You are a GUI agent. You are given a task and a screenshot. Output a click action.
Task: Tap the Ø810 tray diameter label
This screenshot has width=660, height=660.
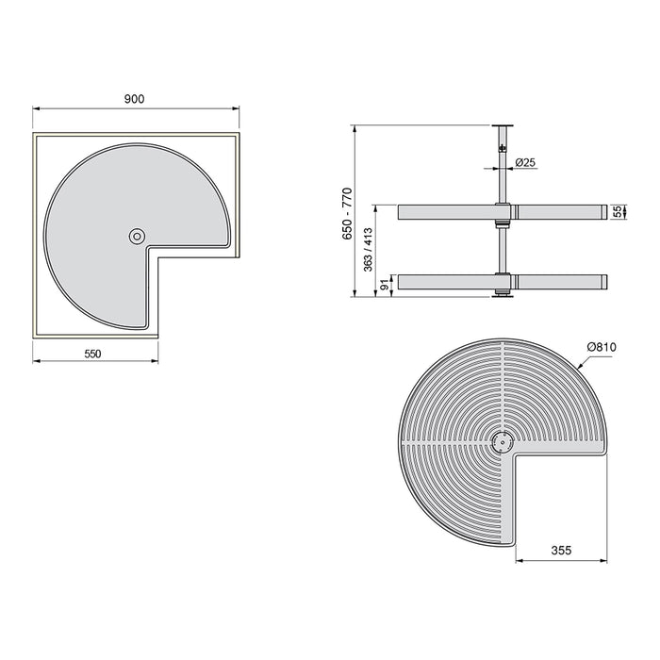(x=601, y=347)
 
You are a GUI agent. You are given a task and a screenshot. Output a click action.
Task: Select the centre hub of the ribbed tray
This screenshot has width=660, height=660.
(x=502, y=439)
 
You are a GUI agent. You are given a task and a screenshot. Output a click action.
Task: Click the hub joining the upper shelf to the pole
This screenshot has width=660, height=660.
(x=502, y=212)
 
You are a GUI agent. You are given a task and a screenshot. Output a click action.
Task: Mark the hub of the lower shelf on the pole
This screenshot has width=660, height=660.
(x=502, y=281)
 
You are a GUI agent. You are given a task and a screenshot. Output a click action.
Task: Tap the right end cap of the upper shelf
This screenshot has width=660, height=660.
(x=601, y=212)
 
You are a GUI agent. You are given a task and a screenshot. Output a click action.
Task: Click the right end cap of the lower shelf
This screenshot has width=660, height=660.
(x=601, y=281)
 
